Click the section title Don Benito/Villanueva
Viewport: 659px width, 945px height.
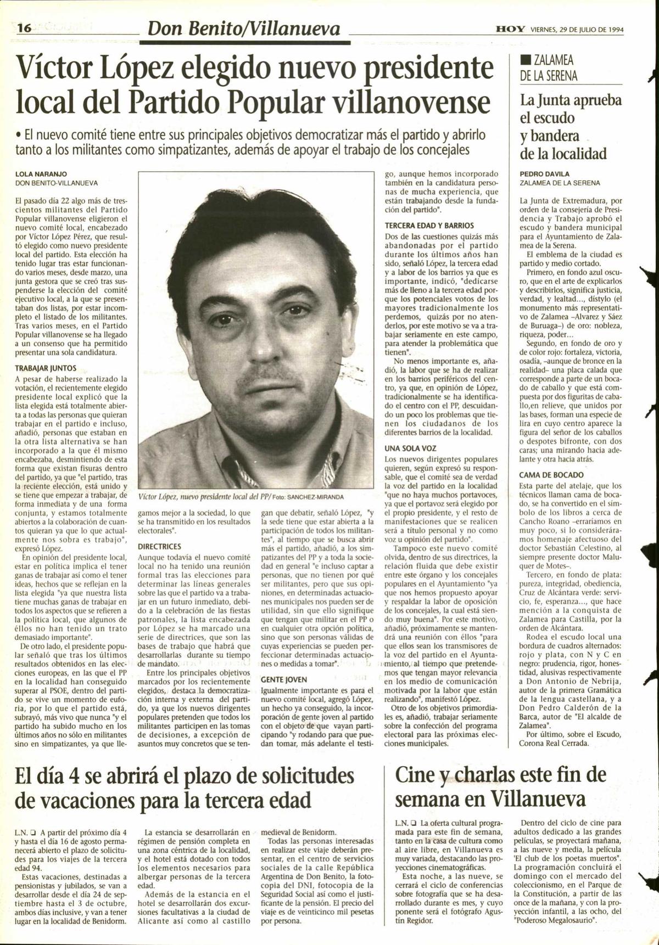coord(240,29)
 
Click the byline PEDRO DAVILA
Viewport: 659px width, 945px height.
coord(544,174)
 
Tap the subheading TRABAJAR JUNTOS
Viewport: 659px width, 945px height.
coord(46,369)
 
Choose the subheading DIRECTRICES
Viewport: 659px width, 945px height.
coord(159,547)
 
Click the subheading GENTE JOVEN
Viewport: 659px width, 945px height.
coord(284,679)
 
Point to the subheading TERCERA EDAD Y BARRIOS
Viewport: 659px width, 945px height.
coord(429,226)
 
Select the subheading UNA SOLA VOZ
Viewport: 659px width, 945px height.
coord(410,448)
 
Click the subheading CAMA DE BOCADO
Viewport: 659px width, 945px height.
coord(551,475)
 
